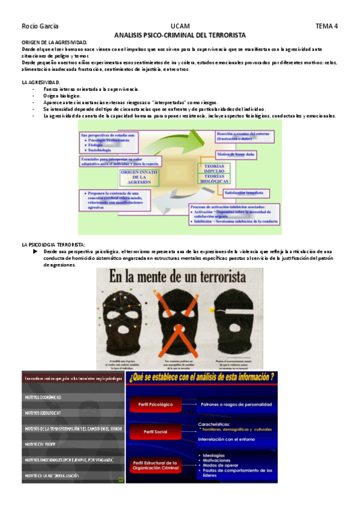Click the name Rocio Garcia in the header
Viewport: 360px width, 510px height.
tap(35, 26)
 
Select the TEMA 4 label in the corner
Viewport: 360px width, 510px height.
tap(327, 26)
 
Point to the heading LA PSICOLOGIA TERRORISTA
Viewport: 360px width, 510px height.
tap(53, 245)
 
